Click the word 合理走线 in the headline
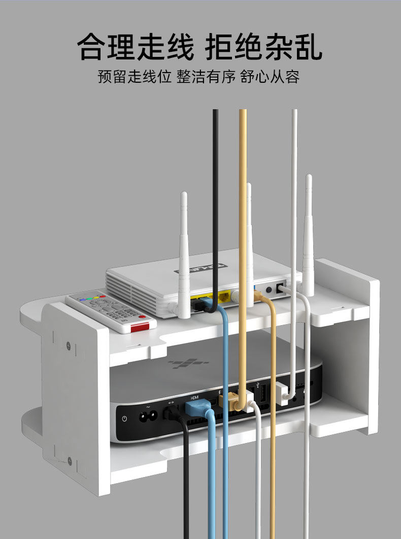tap(136, 47)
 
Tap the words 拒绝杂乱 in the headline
tap(264, 47)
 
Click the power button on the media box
tap(125, 419)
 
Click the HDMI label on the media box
tap(194, 397)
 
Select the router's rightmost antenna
tap(308, 234)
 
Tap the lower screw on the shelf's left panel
tap(69, 461)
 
